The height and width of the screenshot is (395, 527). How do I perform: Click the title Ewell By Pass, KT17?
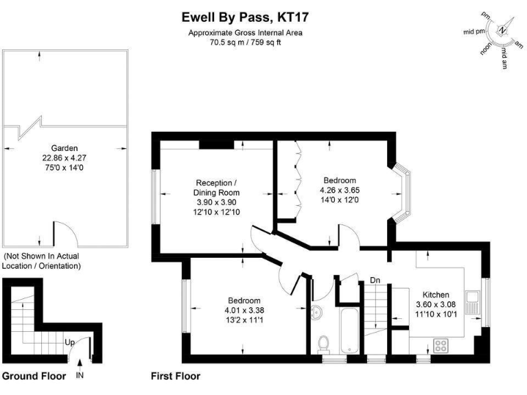246,15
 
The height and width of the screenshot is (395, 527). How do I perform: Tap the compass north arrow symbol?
502,31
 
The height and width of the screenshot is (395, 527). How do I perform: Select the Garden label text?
65,147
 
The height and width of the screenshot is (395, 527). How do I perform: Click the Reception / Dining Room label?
216,188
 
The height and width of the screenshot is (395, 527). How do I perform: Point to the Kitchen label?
436,294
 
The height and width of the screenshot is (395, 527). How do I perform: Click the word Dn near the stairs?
375,280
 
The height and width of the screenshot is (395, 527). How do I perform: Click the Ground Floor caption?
34,376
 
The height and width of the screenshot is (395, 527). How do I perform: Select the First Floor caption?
175,376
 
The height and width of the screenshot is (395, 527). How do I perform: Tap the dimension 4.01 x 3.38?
245,310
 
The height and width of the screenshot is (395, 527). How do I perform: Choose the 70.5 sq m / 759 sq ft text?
245,42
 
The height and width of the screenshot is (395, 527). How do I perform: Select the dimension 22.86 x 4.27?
65,157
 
